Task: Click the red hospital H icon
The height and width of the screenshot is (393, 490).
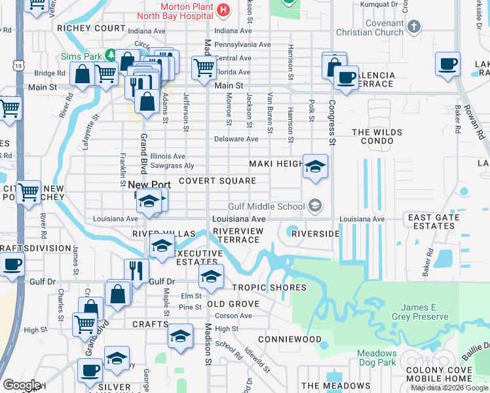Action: (223, 10)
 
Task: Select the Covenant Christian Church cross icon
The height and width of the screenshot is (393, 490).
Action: (413, 27)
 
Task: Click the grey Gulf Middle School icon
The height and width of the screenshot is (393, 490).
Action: (314, 206)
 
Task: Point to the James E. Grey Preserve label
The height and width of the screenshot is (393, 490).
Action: (415, 312)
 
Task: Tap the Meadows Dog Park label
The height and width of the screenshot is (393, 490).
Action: (377, 358)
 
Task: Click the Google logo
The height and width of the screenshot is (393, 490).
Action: (22, 384)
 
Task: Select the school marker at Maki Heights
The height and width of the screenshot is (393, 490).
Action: (314, 166)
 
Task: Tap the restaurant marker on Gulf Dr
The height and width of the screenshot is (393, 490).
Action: (136, 270)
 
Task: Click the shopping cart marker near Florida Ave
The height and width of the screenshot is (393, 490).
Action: (204, 66)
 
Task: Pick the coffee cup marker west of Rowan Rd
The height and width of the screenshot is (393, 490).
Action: (448, 64)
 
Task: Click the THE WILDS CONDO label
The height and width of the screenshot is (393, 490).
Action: (377, 137)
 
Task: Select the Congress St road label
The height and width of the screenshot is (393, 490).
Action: (332, 122)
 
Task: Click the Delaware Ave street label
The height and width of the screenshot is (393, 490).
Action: (236, 139)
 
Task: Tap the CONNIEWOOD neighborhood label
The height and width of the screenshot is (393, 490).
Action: (290, 339)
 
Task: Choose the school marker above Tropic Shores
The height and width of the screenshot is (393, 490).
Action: (210, 276)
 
